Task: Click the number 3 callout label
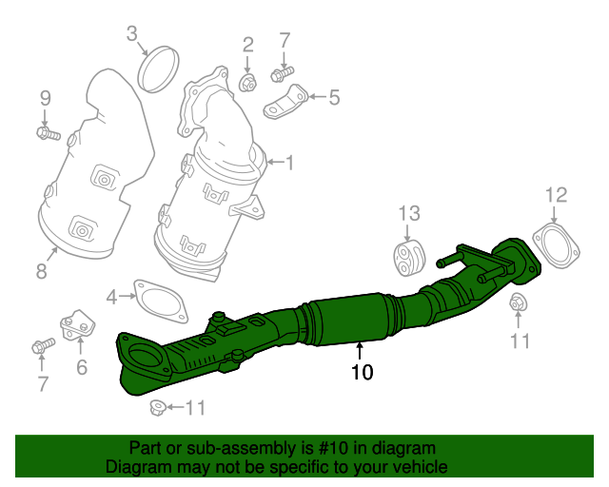[132, 33]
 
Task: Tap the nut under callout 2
[247, 83]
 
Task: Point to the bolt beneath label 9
[49, 133]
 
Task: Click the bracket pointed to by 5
[285, 103]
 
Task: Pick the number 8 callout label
[42, 271]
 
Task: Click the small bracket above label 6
[77, 325]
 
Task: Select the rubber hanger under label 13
[410, 259]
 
